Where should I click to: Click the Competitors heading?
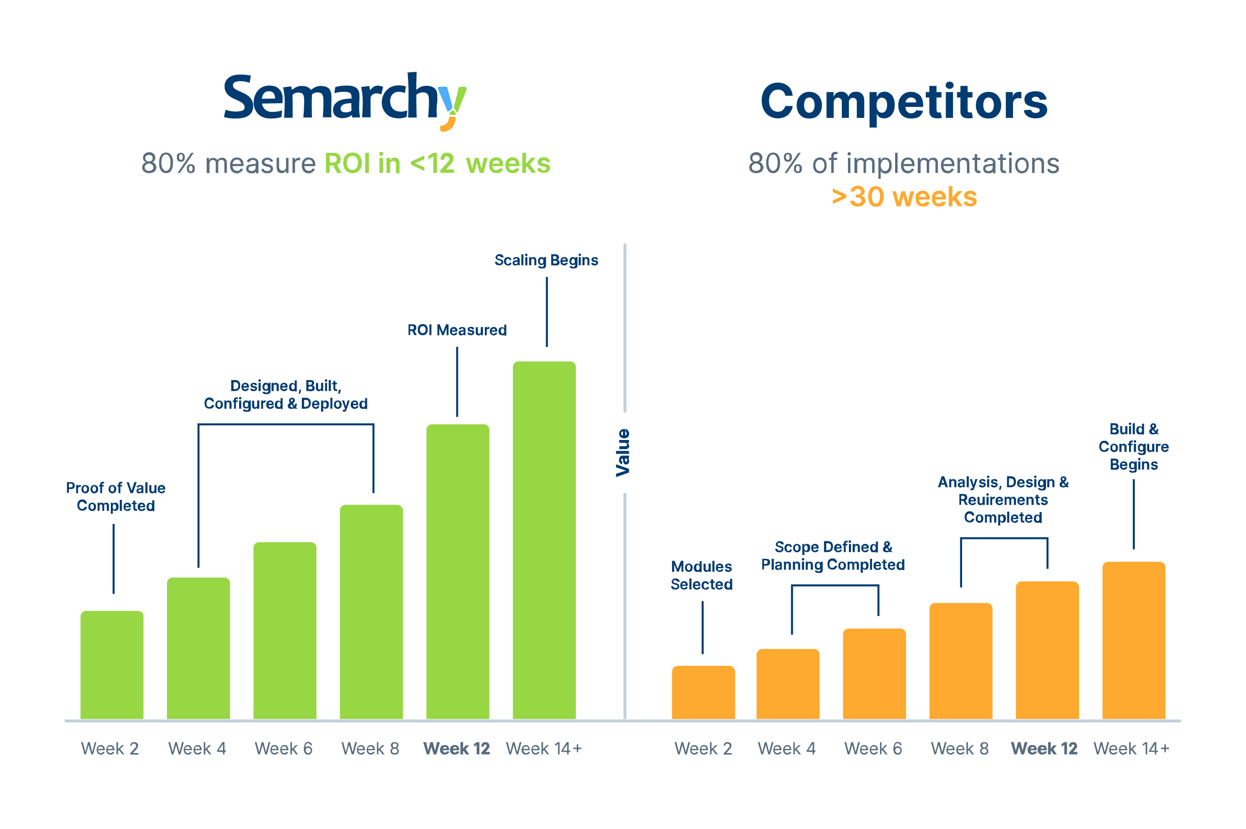pyautogui.click(x=904, y=101)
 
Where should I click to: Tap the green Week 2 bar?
pyautogui.click(x=112, y=664)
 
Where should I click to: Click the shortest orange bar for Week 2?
pyautogui.click(x=703, y=692)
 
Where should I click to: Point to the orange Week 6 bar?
pyautogui.click(x=874, y=673)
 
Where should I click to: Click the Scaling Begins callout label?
pyautogui.click(x=546, y=260)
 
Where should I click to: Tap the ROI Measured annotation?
pyautogui.click(x=457, y=330)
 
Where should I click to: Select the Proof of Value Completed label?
pyautogui.click(x=116, y=497)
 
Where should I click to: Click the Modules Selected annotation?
pyautogui.click(x=701, y=575)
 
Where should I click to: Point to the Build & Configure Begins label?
pyautogui.click(x=1133, y=446)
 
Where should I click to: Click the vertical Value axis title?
pyautogui.click(x=623, y=453)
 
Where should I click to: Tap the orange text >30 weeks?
pyautogui.click(x=904, y=197)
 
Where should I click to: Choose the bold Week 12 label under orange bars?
pyautogui.click(x=1044, y=749)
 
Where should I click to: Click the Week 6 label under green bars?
pyautogui.click(x=283, y=749)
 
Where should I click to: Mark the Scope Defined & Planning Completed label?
pyautogui.click(x=832, y=555)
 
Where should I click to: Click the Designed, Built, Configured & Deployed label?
pyautogui.click(x=285, y=394)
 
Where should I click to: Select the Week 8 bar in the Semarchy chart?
pyautogui.click(x=371, y=612)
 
